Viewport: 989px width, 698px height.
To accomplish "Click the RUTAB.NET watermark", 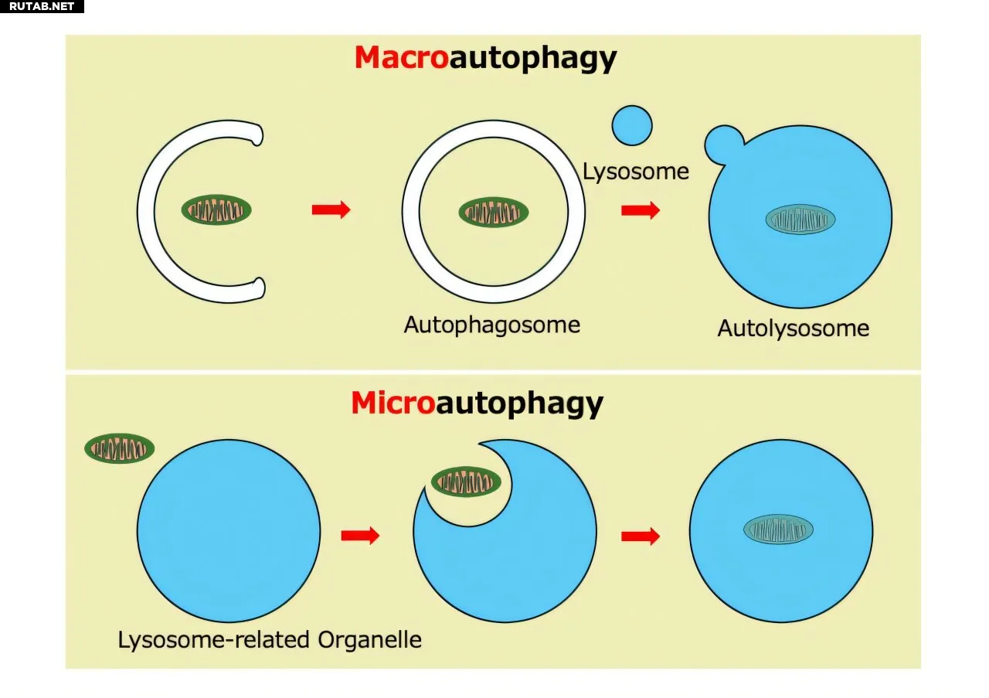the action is tap(42, 6).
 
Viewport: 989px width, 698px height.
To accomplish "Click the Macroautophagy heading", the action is tap(486, 59).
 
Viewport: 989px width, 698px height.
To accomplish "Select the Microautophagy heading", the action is tap(478, 404).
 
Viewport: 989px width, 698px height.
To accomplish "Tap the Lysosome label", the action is tap(635, 172).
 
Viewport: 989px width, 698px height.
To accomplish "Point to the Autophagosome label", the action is tap(492, 325).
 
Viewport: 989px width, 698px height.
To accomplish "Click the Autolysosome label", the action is tap(794, 329).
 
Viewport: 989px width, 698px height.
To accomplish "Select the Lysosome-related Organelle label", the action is tap(270, 640).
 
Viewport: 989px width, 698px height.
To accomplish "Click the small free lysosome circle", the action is tap(632, 125).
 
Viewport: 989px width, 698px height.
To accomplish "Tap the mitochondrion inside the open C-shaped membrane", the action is tap(216, 209).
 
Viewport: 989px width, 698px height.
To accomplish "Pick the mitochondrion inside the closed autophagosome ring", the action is tap(494, 213).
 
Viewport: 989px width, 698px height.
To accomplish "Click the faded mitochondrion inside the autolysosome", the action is tap(800, 220).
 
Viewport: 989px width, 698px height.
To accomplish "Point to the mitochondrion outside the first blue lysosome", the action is tap(119, 448).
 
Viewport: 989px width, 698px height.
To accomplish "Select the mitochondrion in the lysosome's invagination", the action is tap(466, 482).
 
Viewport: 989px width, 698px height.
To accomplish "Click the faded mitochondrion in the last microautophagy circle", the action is tap(778, 529).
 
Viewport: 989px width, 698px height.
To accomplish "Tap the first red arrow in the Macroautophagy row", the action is tap(331, 209).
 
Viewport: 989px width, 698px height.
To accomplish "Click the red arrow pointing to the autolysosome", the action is tap(641, 209).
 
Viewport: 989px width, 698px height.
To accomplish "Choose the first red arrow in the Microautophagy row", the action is tap(360, 536).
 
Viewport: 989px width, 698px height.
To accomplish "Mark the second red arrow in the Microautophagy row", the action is tap(641, 536).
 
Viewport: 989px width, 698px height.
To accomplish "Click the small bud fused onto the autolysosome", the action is tap(722, 144).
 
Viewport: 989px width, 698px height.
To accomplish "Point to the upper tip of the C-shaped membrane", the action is tap(257, 134).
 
